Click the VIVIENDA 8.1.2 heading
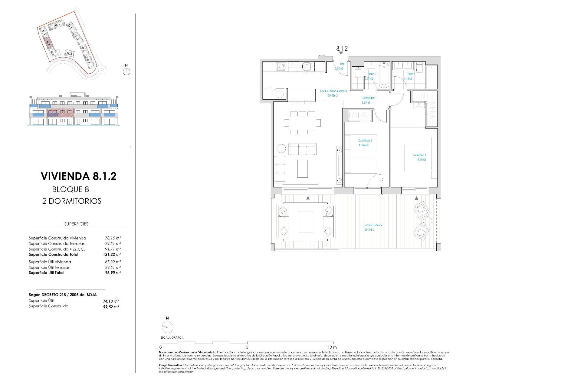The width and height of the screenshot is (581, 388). click(78, 176)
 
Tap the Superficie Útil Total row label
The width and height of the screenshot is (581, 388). click(46, 273)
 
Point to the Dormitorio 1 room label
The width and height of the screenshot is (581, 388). click(419, 157)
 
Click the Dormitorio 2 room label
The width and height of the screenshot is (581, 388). click(365, 143)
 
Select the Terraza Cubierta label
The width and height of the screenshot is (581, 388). click(373, 227)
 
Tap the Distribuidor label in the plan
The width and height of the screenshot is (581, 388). click(369, 100)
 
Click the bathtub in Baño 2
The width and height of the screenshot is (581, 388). click(384, 75)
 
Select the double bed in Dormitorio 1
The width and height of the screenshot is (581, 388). click(421, 158)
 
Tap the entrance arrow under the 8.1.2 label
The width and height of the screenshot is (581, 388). click(341, 53)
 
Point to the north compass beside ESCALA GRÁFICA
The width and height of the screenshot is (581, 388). click(167, 327)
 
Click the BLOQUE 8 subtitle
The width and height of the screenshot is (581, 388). click(71, 189)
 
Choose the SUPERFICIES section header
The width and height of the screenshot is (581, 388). click(76, 224)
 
